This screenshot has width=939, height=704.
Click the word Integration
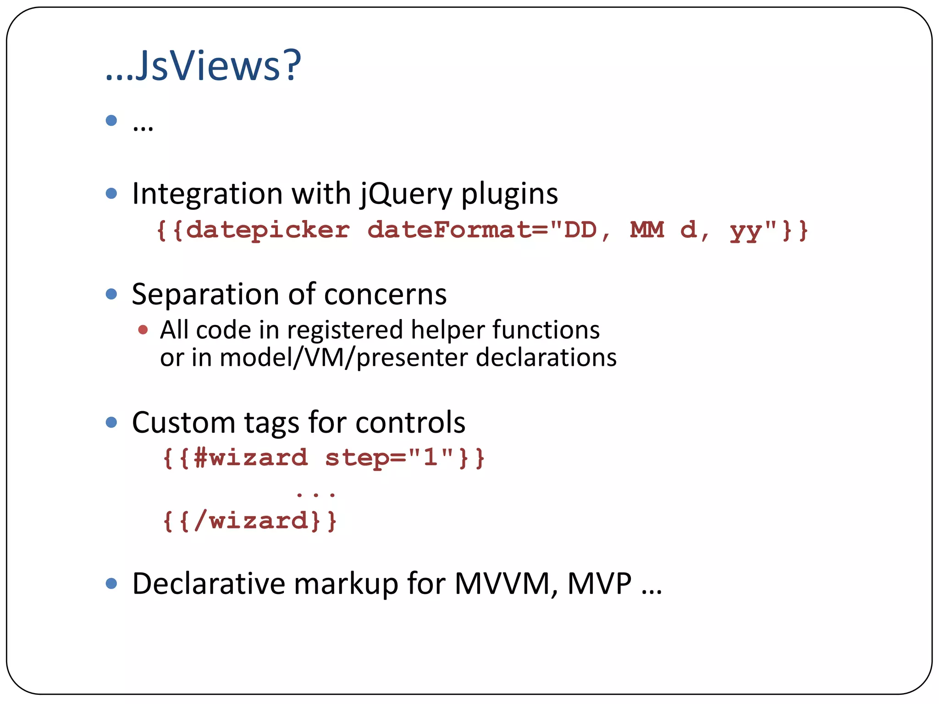coord(207,193)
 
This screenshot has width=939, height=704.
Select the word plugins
coord(509,194)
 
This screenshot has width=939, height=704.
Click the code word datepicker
coord(268,230)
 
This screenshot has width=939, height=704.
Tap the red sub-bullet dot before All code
coord(143,330)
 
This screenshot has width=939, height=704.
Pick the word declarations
coord(546,357)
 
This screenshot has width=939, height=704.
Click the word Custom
coord(183,422)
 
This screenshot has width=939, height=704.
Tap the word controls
coord(410,422)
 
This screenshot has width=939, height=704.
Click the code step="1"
coord(389,458)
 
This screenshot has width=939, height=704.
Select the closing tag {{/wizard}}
coord(250,521)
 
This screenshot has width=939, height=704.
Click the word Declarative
coord(208,584)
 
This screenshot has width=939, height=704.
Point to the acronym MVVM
coord(506,584)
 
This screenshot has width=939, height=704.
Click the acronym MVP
coord(599,584)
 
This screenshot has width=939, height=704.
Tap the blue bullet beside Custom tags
coord(111,422)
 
